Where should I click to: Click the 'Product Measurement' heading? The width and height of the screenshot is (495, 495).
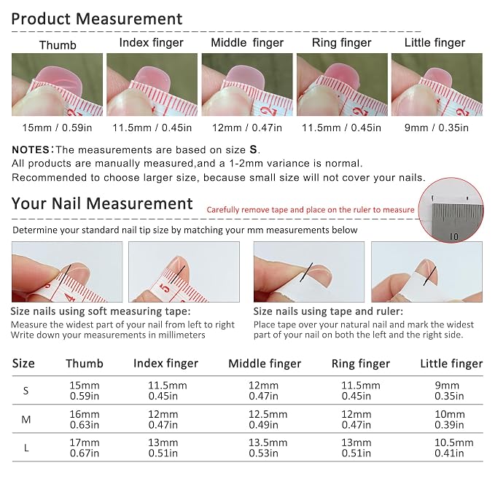click(x=97, y=19)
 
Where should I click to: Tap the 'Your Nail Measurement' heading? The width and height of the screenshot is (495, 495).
click(x=102, y=203)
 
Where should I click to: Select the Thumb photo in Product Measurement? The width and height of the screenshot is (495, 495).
click(x=57, y=85)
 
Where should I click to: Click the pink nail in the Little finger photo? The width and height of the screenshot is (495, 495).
click(x=437, y=76)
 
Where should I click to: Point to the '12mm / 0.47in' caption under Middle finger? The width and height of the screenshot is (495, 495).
click(x=247, y=128)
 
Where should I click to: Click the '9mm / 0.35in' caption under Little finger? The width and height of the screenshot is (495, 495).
click(x=436, y=128)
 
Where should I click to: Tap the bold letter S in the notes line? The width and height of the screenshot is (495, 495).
click(x=253, y=149)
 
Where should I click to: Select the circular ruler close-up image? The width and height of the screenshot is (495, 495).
click(x=451, y=210)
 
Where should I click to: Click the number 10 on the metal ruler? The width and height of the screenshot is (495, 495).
click(x=453, y=236)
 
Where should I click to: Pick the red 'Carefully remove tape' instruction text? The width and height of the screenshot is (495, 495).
click(x=311, y=210)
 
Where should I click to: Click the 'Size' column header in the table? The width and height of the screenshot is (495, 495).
click(x=23, y=363)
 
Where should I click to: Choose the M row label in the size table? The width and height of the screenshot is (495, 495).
click(x=26, y=420)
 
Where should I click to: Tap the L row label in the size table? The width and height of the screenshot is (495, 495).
click(x=26, y=448)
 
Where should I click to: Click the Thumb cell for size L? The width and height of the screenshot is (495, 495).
click(x=85, y=448)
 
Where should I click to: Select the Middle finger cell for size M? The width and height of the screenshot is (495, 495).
click(x=268, y=419)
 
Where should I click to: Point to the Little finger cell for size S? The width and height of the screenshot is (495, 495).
click(x=449, y=391)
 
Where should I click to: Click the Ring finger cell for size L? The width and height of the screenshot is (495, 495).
click(x=356, y=448)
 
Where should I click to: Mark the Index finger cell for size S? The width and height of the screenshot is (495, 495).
click(x=168, y=391)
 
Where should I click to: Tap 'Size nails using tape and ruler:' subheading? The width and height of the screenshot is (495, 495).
click(x=328, y=311)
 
